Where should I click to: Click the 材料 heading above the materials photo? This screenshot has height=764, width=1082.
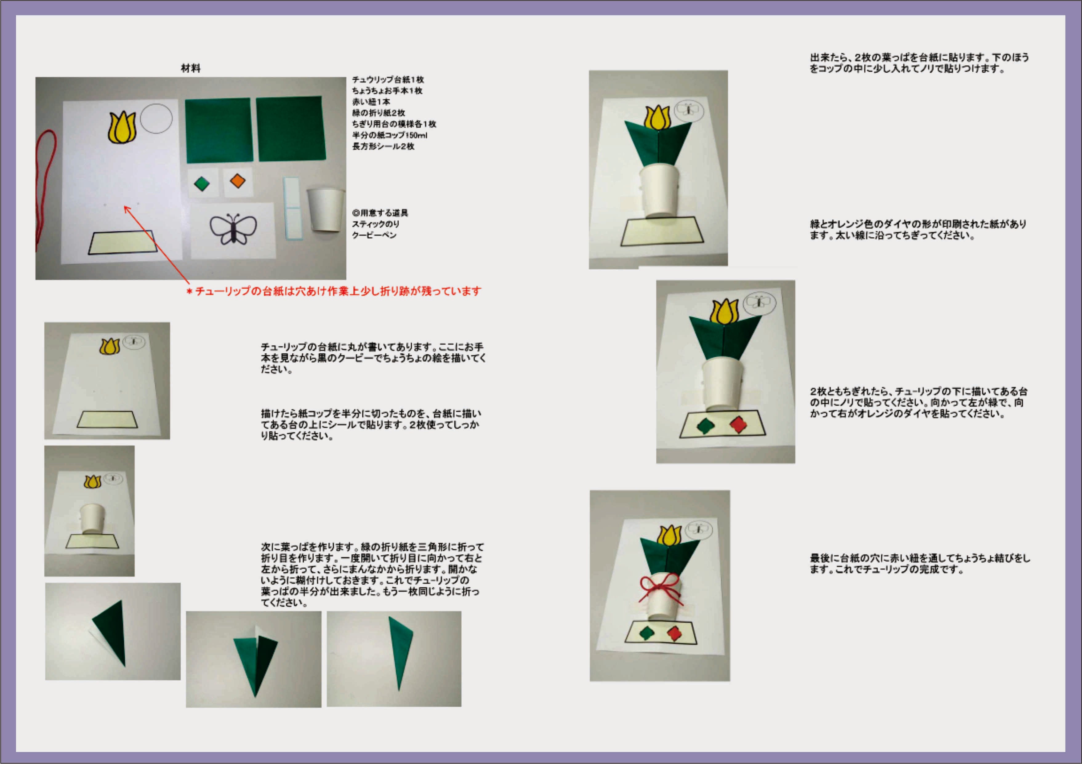190,68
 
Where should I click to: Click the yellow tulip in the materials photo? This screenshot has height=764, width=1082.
122,127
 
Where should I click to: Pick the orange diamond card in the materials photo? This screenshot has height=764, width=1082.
238,181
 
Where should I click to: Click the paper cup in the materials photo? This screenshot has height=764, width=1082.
325,209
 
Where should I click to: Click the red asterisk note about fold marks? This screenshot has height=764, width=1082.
334,291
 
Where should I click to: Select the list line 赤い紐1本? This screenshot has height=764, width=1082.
371,102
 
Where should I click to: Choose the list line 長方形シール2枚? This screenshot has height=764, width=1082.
383,147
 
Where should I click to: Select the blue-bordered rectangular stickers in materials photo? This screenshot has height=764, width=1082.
292,208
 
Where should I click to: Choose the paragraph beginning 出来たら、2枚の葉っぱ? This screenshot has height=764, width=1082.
919,63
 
